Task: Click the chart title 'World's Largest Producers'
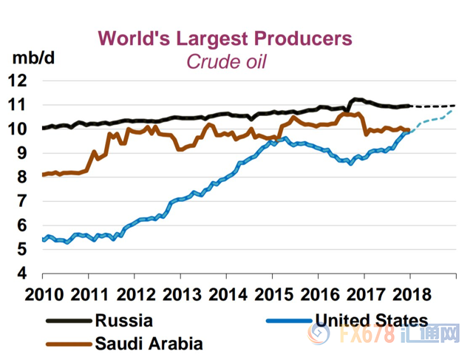coord(225,38)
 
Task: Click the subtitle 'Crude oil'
coord(225,61)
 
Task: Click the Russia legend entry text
coord(123,321)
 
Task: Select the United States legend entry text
coord(371,321)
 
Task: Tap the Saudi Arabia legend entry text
coord(148,343)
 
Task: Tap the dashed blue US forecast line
coord(436,119)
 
